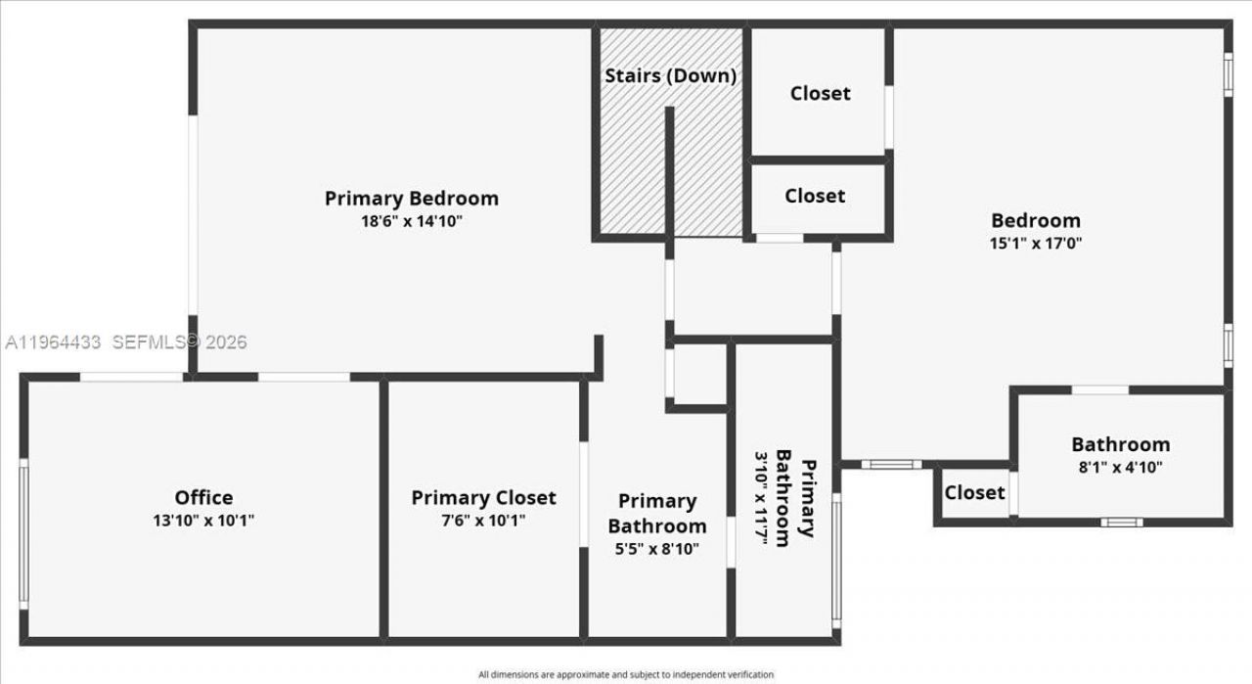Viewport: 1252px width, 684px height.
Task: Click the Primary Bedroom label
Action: tap(411, 199)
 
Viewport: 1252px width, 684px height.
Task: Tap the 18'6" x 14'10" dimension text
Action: tap(411, 221)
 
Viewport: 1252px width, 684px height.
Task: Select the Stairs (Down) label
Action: tap(670, 75)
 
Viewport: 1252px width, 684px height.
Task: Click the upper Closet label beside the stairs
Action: tap(820, 93)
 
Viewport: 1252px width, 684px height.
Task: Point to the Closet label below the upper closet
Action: tap(815, 196)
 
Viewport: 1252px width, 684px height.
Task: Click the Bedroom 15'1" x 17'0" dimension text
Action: tap(1036, 243)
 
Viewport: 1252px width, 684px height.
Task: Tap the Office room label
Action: tap(203, 498)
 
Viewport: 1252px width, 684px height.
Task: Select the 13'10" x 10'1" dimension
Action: tap(203, 521)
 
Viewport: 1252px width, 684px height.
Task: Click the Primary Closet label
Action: tap(483, 498)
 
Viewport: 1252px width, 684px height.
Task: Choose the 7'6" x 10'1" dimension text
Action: tap(483, 521)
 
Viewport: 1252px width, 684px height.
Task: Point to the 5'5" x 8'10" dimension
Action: tap(656, 549)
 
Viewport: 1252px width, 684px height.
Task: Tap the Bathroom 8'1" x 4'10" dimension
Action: tap(1120, 468)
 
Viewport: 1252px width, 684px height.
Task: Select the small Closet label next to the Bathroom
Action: tap(974, 492)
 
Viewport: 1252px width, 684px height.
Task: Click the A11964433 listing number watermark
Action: tap(54, 342)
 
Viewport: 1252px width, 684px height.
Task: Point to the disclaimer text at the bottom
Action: tap(626, 674)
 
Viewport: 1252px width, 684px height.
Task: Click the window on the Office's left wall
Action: tap(23, 533)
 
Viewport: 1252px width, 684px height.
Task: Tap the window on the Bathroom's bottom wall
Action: tap(1121, 522)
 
